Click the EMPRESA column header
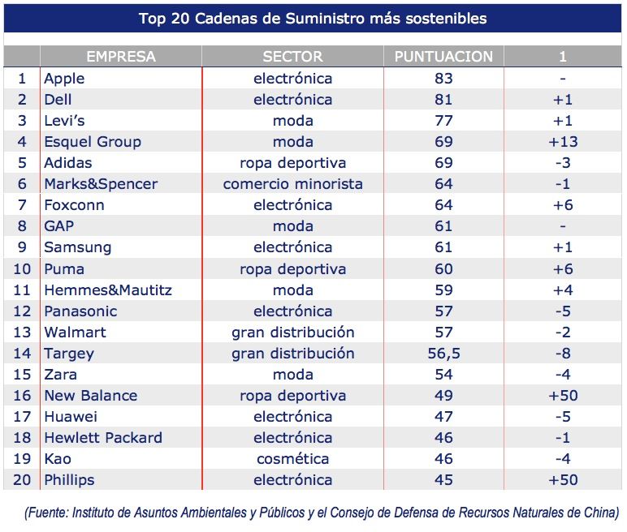(120, 57)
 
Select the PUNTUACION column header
(443, 57)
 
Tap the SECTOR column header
(292, 57)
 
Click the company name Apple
(64, 79)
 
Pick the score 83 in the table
(443, 79)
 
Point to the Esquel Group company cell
(93, 142)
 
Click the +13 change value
(562, 142)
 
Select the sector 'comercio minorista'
(292, 184)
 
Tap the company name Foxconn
(74, 205)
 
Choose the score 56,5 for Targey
(443, 354)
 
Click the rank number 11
(22, 290)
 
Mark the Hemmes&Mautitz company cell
(108, 290)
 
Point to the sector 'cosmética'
(292, 459)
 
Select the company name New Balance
(90, 396)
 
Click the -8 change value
(562, 354)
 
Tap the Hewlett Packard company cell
(103, 438)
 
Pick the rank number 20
(22, 480)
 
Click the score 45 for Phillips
(443, 480)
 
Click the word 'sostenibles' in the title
(446, 18)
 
